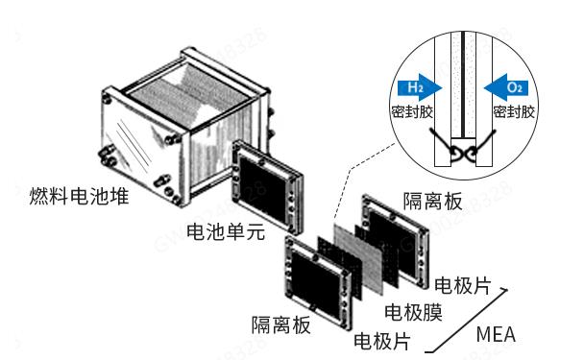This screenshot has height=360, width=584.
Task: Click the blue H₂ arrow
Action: (x=419, y=88)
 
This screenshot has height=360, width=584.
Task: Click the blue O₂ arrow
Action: (x=506, y=88)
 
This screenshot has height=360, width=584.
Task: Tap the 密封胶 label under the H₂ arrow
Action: (x=412, y=111)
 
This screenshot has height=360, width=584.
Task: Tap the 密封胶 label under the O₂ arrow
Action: (x=514, y=111)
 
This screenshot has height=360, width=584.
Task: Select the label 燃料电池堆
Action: (x=79, y=196)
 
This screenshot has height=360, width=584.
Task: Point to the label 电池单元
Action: (x=226, y=231)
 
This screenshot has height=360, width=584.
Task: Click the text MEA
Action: (x=496, y=334)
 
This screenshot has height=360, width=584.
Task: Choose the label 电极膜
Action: (x=413, y=312)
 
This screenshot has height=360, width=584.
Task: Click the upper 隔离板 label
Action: (x=433, y=202)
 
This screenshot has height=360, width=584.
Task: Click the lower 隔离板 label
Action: (x=280, y=325)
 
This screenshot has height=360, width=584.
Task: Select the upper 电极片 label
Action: (x=463, y=285)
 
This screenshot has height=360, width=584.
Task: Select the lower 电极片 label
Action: (x=382, y=341)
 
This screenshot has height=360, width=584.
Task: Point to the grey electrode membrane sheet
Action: (x=358, y=258)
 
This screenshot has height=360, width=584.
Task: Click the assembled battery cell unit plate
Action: (x=266, y=187)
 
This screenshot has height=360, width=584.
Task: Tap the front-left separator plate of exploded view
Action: (x=319, y=282)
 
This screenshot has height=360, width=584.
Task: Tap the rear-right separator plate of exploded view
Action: (x=396, y=240)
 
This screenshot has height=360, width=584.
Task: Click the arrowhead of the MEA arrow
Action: (x=504, y=290)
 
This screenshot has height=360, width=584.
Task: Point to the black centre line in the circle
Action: (x=463, y=84)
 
